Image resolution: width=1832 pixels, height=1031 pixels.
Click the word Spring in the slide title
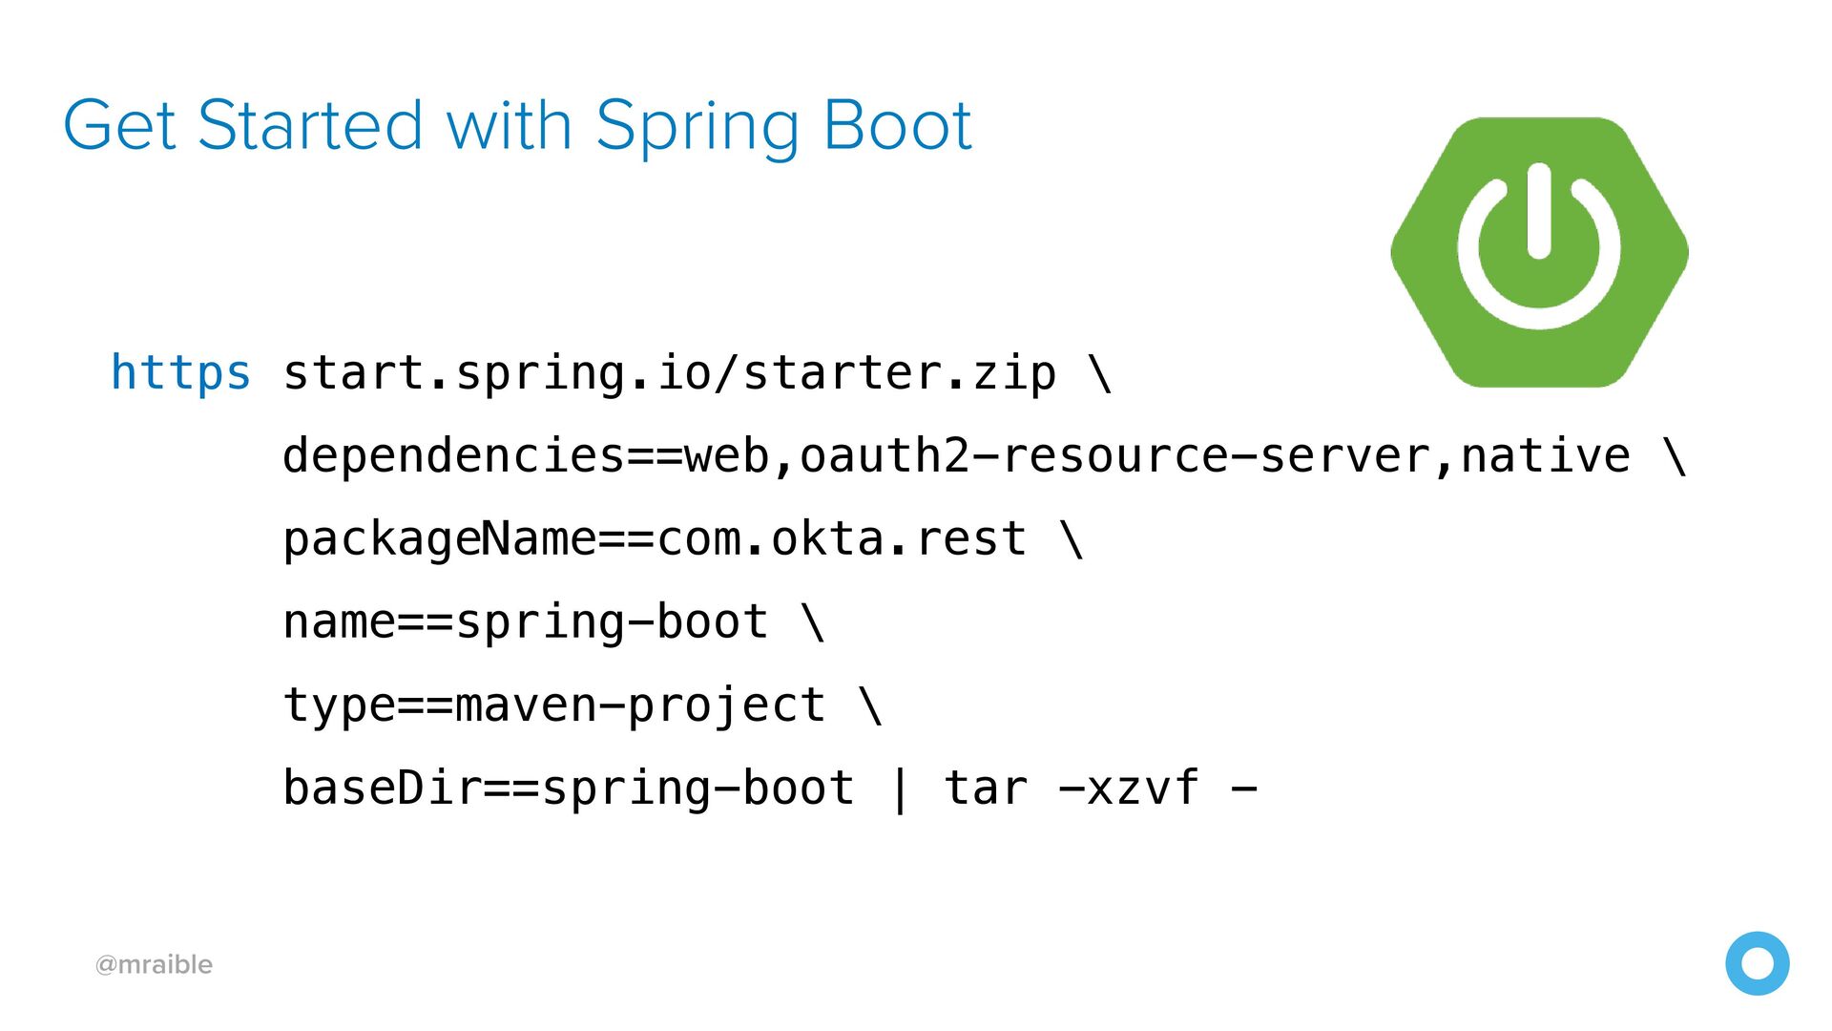tap(697, 128)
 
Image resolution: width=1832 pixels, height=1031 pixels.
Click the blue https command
tap(180, 373)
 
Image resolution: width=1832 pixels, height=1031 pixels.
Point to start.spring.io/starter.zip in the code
tap(670, 373)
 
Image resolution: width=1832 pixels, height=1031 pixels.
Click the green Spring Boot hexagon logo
tap(1539, 252)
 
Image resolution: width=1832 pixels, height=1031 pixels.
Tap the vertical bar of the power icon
tap(1538, 210)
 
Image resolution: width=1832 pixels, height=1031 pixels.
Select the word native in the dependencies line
tap(1546, 455)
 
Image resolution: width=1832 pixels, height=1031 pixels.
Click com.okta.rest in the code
tap(842, 538)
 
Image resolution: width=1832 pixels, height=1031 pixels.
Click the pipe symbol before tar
tap(899, 790)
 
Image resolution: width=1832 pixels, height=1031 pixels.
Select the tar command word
tap(986, 789)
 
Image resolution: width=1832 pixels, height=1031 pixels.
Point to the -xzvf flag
tap(1129, 789)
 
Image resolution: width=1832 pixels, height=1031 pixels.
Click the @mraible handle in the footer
tap(154, 964)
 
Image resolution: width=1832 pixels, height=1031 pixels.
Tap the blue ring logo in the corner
tap(1758, 936)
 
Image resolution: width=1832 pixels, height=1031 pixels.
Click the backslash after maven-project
tap(871, 705)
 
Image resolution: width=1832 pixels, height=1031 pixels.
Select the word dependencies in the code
tap(454, 455)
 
